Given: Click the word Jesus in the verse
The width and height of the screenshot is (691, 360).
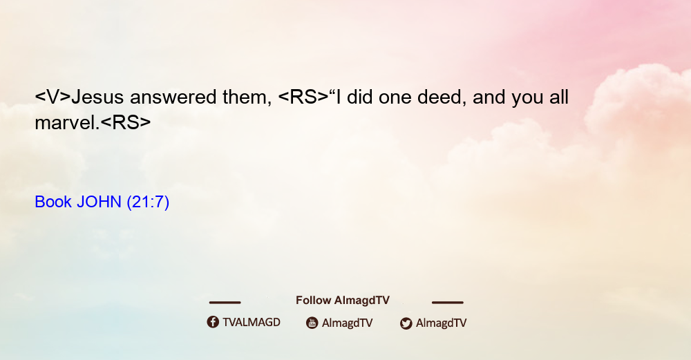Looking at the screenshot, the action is point(97,97).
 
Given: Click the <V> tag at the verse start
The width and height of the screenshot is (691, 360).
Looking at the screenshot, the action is point(53,97).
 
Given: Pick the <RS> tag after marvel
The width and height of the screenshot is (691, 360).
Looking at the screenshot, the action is point(126,123).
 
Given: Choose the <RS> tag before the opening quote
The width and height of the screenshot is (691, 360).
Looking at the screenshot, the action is point(303,97).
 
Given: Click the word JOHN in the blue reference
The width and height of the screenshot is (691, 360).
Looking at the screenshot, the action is point(99,202).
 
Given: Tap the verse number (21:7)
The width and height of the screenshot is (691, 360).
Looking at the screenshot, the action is point(148,202).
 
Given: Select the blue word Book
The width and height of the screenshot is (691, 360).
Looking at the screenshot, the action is point(53,202).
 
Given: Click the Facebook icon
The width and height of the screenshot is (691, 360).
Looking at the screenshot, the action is point(213,322).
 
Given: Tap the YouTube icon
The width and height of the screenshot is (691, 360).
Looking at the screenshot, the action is point(312,323).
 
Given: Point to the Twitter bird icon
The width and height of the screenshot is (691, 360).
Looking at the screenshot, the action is point(406,323).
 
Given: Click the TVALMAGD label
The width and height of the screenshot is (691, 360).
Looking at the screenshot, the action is point(252,323).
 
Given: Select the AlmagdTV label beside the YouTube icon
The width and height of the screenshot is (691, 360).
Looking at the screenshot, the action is point(348,323).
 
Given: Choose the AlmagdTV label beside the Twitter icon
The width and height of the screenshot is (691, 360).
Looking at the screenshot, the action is point(441,323).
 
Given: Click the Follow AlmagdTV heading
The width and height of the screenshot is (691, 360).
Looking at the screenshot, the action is point(343,301).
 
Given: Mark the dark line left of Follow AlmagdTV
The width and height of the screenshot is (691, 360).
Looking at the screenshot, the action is point(225,302).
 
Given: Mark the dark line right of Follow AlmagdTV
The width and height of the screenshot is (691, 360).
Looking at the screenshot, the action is point(448,302).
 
